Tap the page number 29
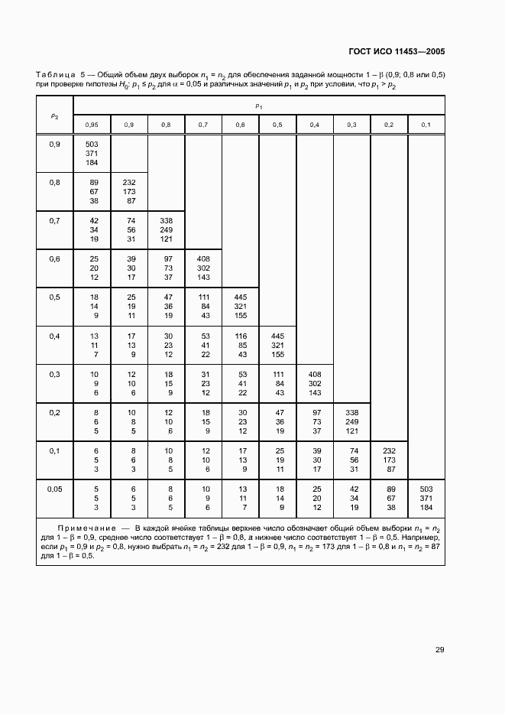coord(439,650)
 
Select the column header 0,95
coord(92,125)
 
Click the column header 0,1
coord(426,125)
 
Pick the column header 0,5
coord(277,125)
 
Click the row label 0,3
coord(54,374)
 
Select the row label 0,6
coord(54,259)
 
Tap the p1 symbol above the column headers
coord(259,106)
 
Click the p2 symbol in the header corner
coord(54,116)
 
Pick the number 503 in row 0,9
coord(92,144)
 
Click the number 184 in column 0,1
coord(426,508)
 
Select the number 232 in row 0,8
coord(129,182)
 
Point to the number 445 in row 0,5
coord(240,297)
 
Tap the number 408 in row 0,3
coord(314,373)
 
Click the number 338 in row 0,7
coord(166,220)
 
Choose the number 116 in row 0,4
coord(240,335)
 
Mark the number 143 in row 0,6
coord(203,278)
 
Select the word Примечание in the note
coord(84,528)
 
